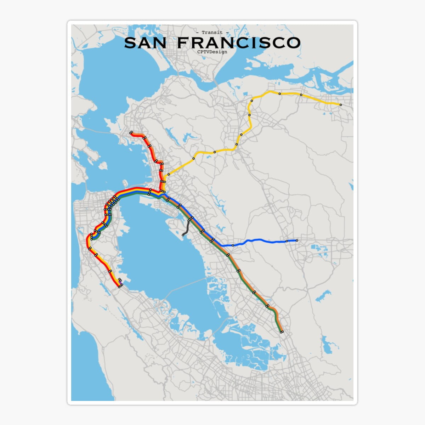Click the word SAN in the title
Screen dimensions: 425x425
point(145,43)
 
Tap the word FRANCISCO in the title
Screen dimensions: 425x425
point(238,43)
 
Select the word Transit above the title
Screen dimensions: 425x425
point(212,33)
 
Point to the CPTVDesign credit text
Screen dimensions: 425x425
point(212,52)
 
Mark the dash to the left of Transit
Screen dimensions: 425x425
point(197,33)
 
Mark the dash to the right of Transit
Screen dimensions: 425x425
point(227,33)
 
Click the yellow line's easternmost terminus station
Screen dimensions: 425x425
point(341,105)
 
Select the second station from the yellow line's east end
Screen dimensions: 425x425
point(301,95)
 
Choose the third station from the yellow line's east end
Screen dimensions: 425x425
point(280,94)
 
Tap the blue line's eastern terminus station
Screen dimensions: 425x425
point(297,240)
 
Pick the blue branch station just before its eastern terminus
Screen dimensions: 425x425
point(287,241)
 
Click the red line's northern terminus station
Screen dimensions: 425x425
point(131,133)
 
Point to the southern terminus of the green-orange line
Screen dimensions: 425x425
point(282,332)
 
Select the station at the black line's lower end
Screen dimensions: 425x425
point(183,235)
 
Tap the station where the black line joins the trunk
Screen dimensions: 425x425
point(190,219)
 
